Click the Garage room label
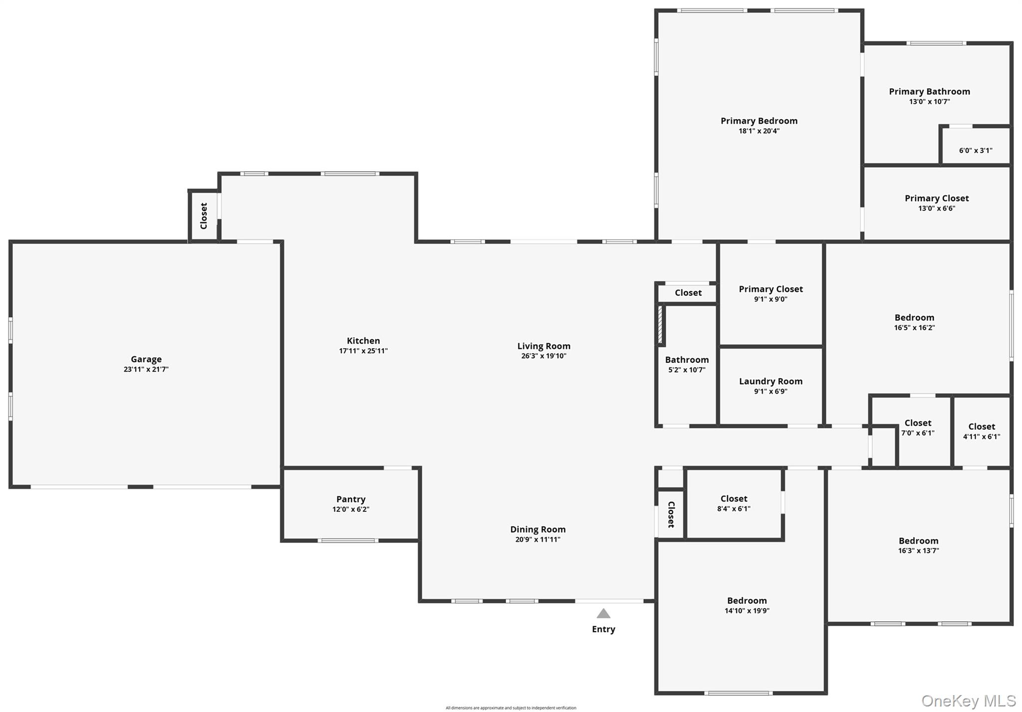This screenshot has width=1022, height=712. click(146, 359)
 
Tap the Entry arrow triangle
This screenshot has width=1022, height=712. click(603, 613)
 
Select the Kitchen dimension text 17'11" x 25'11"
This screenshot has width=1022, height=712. click(363, 351)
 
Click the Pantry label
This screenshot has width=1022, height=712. click(351, 499)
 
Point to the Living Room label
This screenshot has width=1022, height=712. click(543, 346)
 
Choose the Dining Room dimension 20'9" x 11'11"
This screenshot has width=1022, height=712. click(538, 539)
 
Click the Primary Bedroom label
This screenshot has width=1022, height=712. click(759, 121)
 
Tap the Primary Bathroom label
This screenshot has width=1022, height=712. click(929, 91)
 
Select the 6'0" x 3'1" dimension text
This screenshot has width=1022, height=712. click(976, 150)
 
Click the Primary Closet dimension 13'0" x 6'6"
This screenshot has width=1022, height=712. click(937, 208)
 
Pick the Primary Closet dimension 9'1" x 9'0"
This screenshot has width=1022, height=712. click(770, 299)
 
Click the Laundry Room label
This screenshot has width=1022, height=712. click(770, 381)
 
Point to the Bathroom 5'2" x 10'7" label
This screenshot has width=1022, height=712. click(687, 360)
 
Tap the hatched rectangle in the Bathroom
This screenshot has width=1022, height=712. click(660, 324)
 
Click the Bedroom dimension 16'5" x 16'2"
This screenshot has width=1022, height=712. click(914, 328)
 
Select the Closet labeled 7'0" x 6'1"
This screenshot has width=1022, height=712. click(918, 423)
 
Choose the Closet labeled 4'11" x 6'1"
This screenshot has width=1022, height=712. click(982, 427)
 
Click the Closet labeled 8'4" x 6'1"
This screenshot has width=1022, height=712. click(734, 498)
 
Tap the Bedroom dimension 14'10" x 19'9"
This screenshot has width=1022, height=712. click(747, 611)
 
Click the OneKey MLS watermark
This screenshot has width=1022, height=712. click(968, 701)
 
